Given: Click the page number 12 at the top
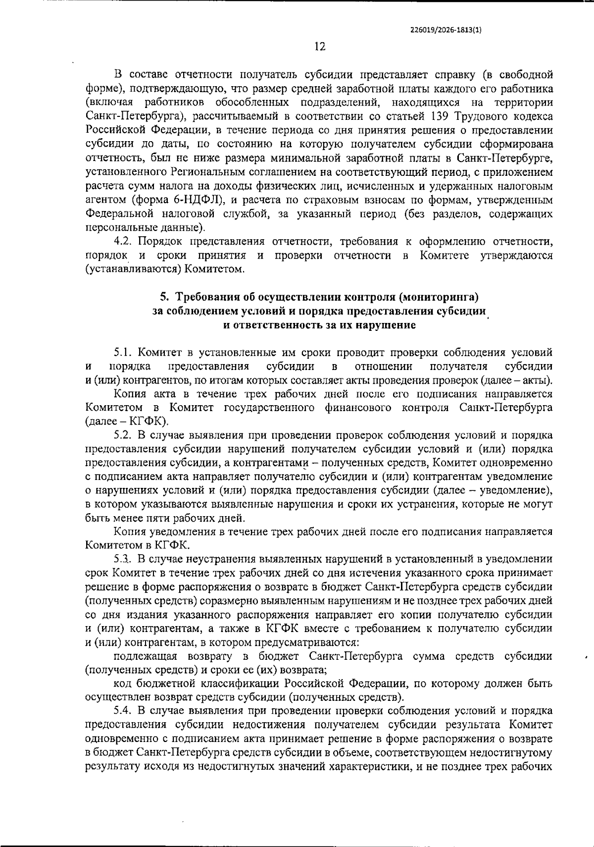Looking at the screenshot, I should [319, 47].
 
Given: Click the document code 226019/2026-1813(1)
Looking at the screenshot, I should [446, 29].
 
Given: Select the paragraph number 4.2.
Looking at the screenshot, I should [124, 241].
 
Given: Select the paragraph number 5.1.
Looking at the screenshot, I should [124, 353].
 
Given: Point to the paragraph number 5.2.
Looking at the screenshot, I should [124, 435].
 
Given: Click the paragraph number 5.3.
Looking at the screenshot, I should [124, 559].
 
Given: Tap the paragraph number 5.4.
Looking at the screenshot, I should [124, 711].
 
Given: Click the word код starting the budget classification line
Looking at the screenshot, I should [123, 684].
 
